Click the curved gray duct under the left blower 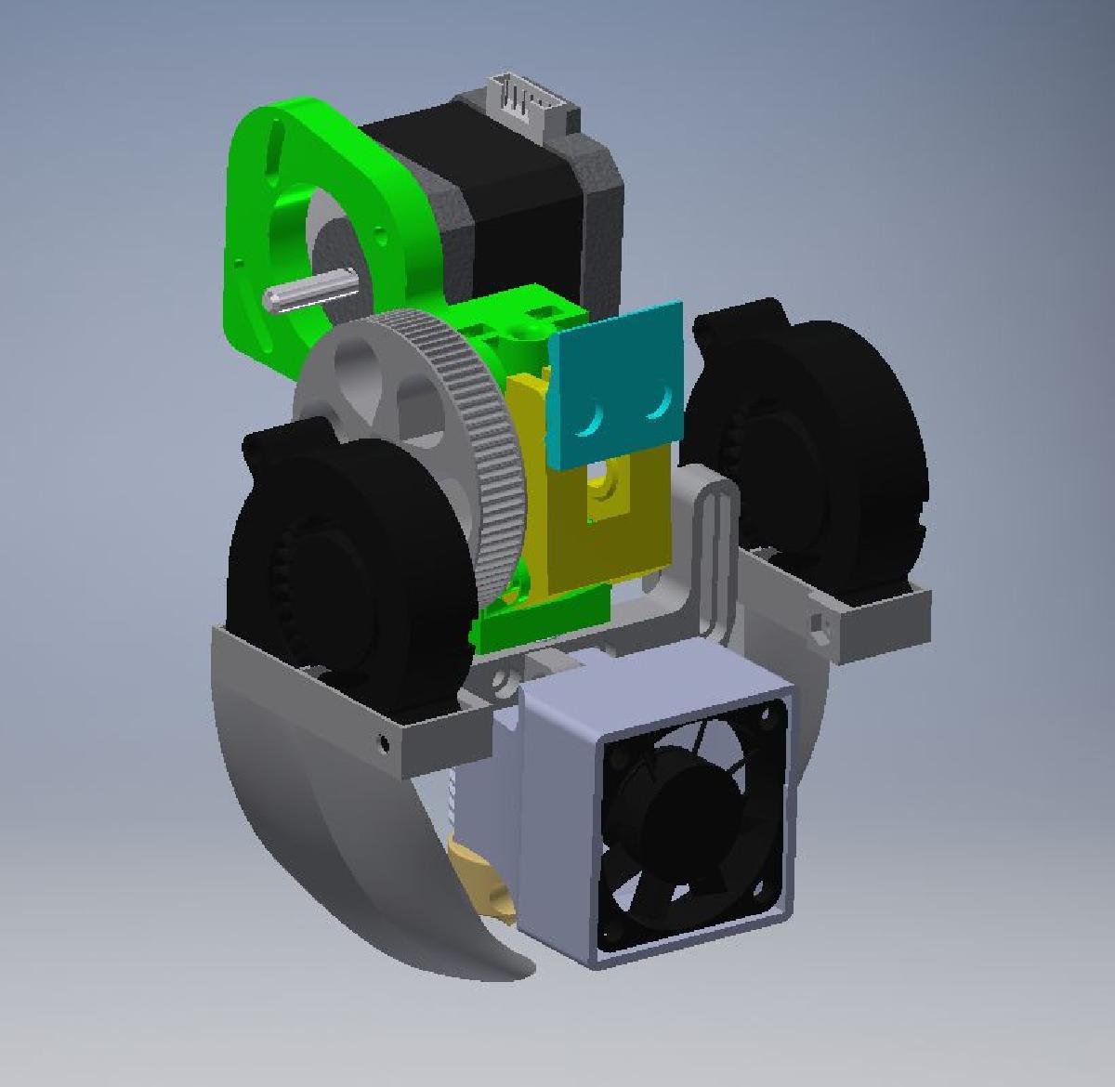point(307,836)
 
